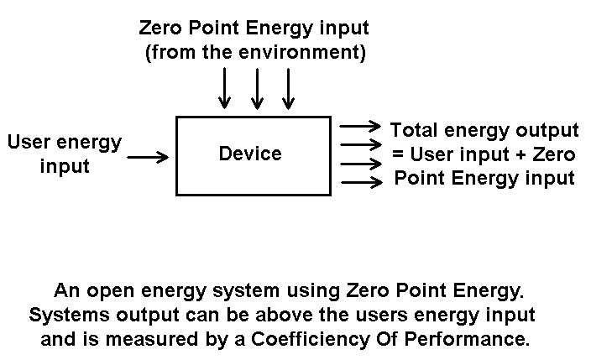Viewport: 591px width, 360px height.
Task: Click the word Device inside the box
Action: click(x=250, y=154)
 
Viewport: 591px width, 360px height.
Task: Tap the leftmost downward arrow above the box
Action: click(x=224, y=88)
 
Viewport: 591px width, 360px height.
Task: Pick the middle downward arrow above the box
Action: click(x=257, y=88)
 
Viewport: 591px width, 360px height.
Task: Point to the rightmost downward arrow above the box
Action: click(x=289, y=88)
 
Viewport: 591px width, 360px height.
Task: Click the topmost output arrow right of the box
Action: click(x=360, y=126)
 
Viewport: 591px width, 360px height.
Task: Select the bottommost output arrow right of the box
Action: click(x=360, y=180)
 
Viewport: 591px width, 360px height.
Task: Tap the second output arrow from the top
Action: click(x=360, y=143)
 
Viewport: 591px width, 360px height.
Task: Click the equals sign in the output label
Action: click(x=398, y=154)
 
